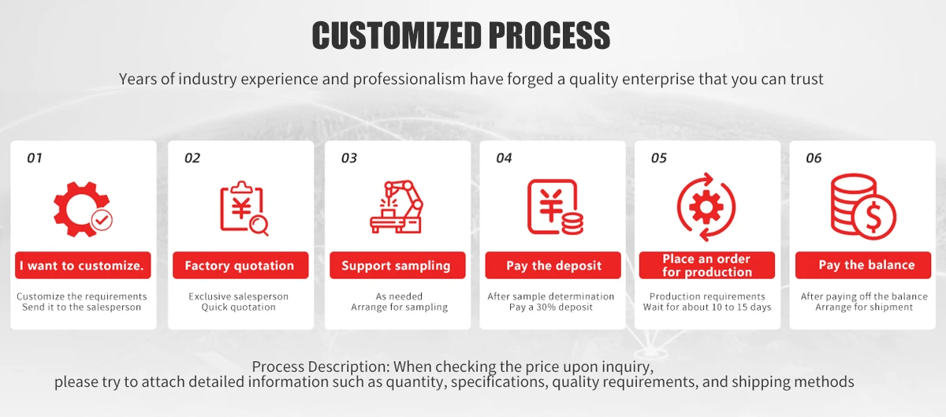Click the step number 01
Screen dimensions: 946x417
click(x=34, y=158)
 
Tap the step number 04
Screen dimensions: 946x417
click(x=504, y=158)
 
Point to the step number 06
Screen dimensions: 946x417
click(x=814, y=158)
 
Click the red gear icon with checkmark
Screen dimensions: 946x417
click(x=83, y=209)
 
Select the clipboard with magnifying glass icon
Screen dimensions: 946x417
click(x=244, y=208)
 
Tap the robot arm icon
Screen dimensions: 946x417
click(x=396, y=207)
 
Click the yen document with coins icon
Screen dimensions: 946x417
click(x=555, y=207)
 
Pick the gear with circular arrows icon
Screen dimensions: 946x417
click(x=706, y=207)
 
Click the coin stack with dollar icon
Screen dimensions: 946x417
click(x=863, y=207)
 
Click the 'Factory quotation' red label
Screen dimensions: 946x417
click(x=240, y=266)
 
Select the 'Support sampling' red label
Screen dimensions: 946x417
click(x=397, y=266)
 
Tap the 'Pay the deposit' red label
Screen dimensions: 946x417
click(x=553, y=266)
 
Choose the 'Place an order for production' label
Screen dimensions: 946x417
click(x=707, y=266)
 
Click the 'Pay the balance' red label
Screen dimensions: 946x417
click(x=862, y=266)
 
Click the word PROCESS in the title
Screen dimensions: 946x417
click(x=549, y=35)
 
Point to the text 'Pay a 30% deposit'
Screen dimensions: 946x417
click(x=551, y=307)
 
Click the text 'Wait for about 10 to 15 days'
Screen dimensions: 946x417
click(x=707, y=307)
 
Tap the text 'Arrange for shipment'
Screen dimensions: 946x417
click(x=864, y=307)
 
